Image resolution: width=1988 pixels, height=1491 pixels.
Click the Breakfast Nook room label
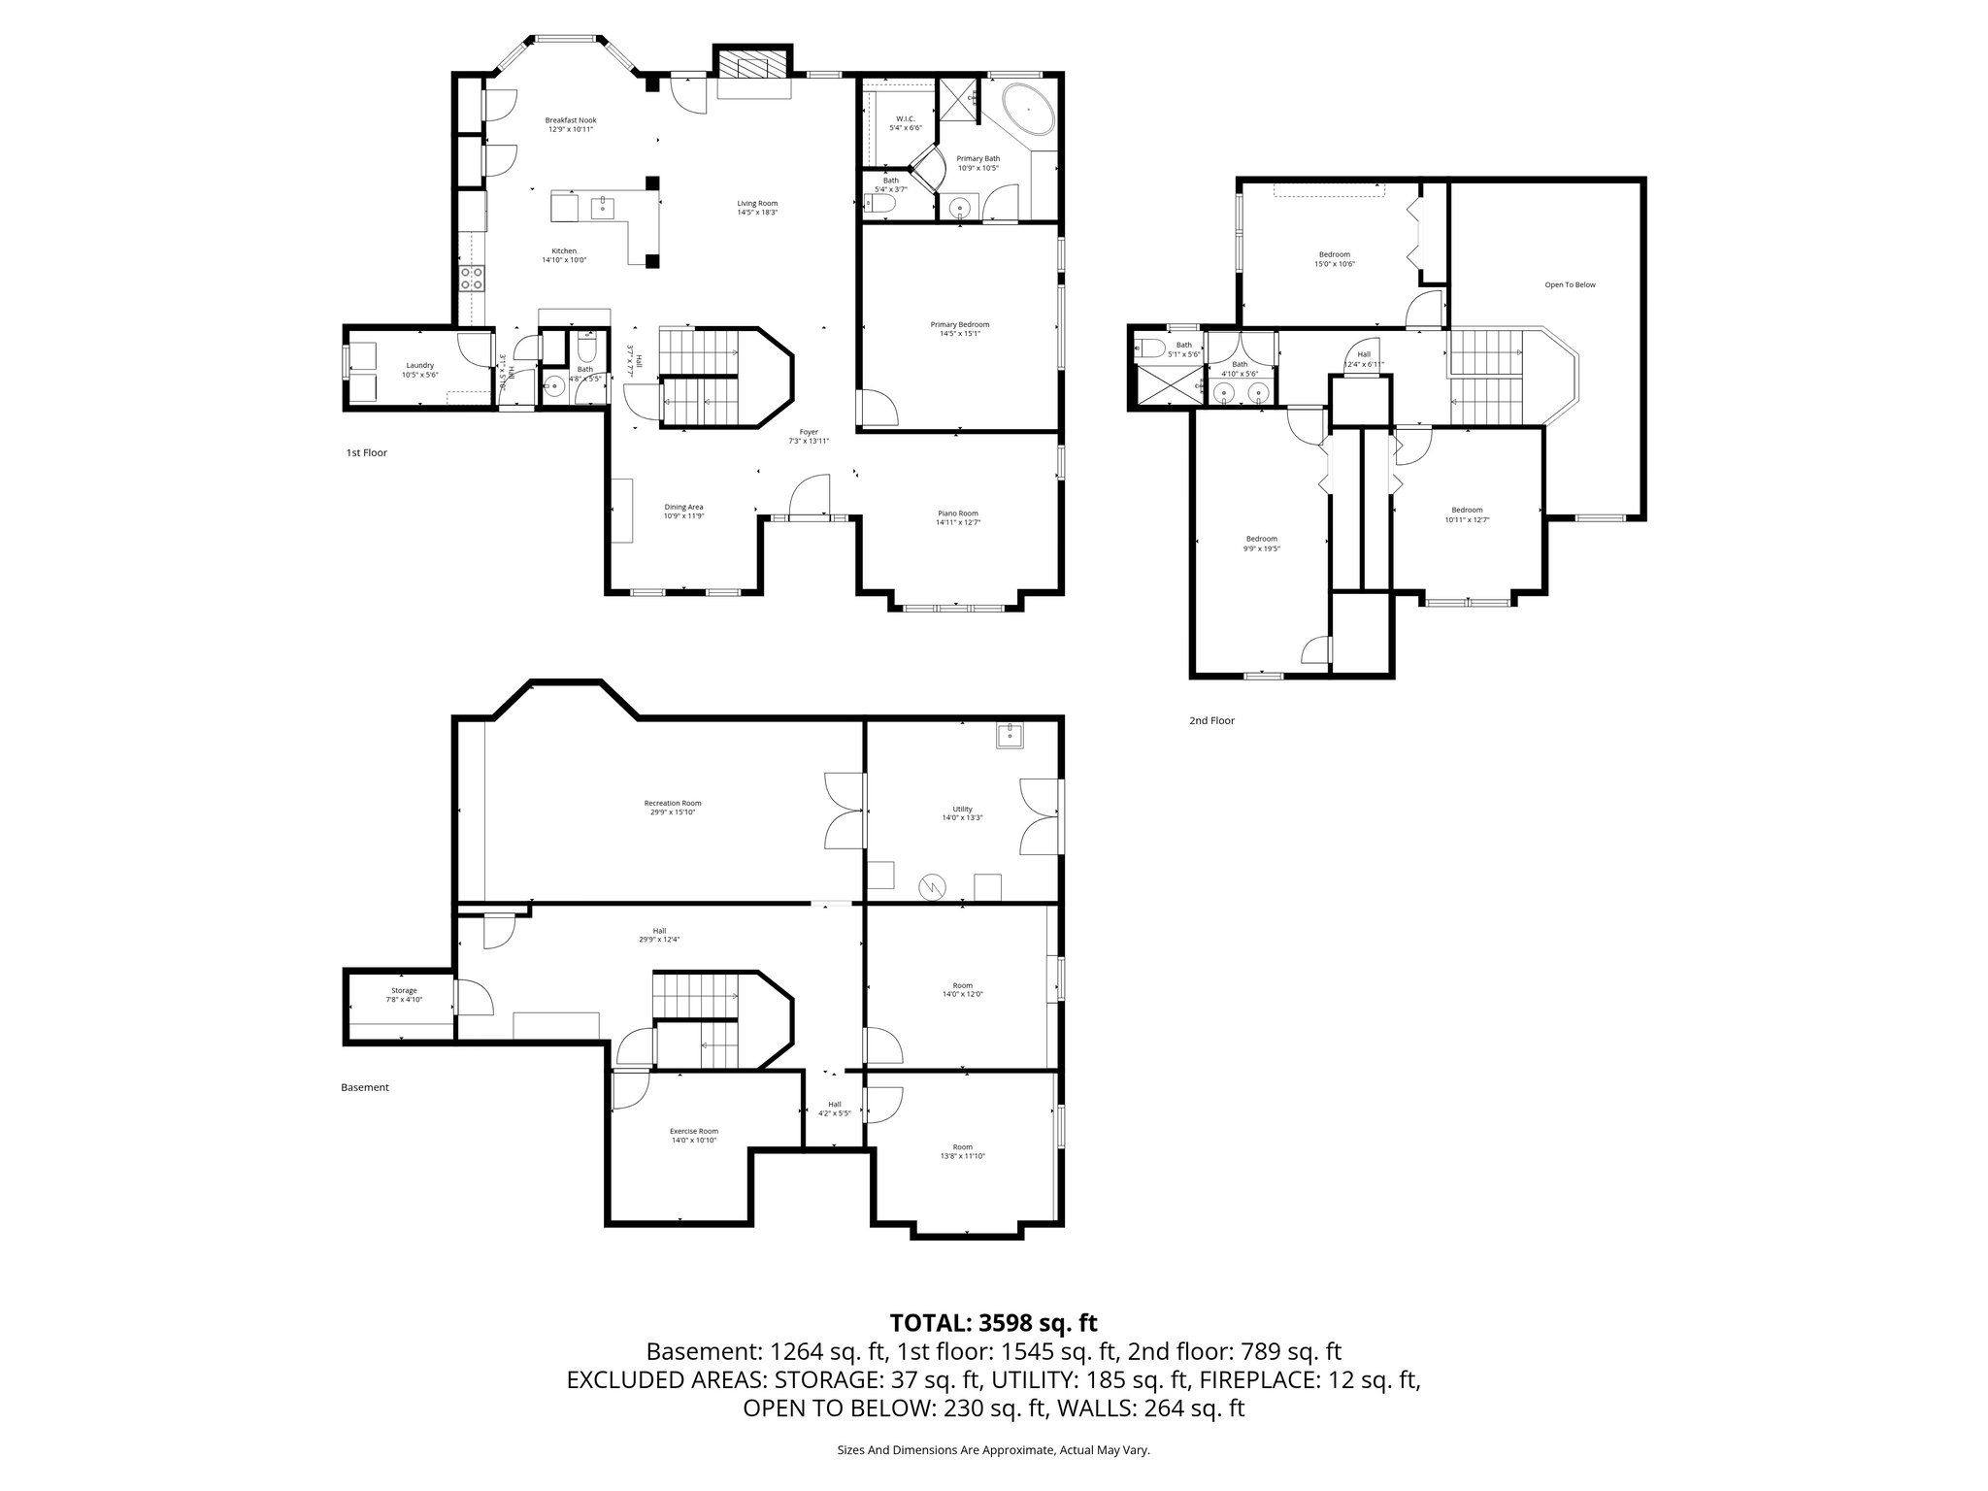pos(570,119)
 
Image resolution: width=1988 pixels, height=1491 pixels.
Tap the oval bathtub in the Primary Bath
pos(1027,110)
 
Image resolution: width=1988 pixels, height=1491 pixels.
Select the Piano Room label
pos(957,513)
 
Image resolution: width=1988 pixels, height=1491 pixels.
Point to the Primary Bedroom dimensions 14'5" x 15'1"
pos(959,334)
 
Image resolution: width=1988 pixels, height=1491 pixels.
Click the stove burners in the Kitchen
pos(474,279)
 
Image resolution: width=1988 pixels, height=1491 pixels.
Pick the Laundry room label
pos(419,365)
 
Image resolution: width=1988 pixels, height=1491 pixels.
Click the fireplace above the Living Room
pos(753,67)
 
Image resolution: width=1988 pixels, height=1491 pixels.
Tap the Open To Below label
pos(1570,284)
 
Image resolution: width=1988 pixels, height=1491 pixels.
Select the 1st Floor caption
pos(366,452)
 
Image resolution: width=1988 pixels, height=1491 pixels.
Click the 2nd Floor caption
pos(1211,720)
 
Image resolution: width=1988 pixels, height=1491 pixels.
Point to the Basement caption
pos(365,1087)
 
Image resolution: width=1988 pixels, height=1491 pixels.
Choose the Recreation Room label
pos(672,803)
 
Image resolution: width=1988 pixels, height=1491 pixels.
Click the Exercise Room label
pos(693,1131)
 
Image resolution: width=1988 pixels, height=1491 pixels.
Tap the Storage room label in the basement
pos(404,990)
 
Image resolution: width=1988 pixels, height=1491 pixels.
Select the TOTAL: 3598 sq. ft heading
pos(993,1322)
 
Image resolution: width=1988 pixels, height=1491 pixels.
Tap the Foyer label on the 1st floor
pos(808,432)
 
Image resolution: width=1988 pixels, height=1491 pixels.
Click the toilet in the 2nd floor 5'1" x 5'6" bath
pos(1152,348)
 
